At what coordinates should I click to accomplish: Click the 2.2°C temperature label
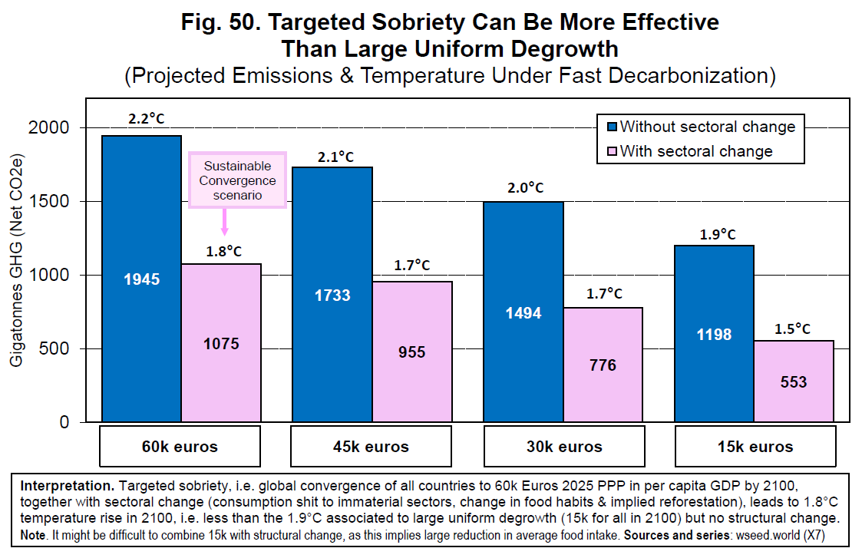146,119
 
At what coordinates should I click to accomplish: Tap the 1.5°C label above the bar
793,329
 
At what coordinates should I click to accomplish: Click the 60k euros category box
180,446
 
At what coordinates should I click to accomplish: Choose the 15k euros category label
755,446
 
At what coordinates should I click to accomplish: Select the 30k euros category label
563,446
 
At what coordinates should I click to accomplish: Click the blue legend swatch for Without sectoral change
610,127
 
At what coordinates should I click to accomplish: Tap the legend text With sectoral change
696,151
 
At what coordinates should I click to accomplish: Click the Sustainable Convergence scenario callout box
238,180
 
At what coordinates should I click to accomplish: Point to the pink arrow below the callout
225,223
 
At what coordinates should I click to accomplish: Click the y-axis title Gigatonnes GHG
17,269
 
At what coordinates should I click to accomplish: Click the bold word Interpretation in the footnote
66,486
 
